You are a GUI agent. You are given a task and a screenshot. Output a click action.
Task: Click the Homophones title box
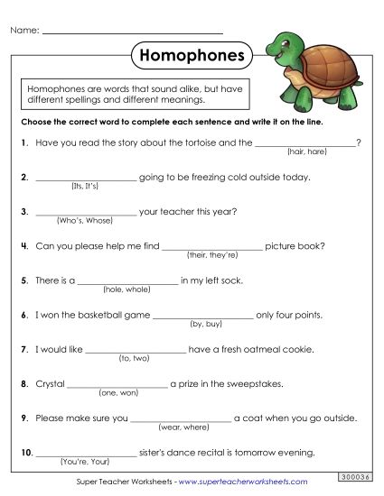(x=192, y=56)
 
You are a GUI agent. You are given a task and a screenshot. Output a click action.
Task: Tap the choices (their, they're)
(x=212, y=255)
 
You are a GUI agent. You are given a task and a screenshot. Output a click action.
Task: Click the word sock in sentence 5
(x=233, y=280)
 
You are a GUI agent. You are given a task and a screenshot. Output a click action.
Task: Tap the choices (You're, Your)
(x=84, y=461)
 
